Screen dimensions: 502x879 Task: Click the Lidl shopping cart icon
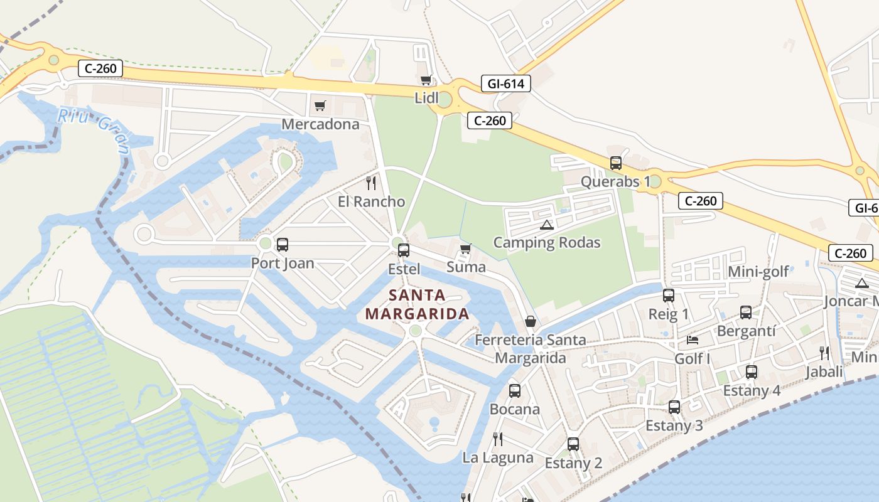point(426,80)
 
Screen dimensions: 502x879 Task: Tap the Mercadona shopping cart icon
point(320,105)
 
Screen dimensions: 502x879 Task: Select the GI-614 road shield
point(506,83)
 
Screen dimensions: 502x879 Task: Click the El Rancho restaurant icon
point(371,183)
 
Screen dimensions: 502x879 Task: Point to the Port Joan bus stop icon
point(283,245)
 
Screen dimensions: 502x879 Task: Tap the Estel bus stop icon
point(404,250)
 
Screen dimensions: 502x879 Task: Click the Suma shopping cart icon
point(465,249)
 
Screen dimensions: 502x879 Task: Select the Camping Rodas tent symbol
point(546,225)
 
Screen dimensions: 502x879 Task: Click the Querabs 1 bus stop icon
point(616,163)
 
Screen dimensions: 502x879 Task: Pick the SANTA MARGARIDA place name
point(418,304)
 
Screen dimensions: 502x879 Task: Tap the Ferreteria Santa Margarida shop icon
point(531,322)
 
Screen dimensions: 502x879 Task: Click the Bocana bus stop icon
point(515,391)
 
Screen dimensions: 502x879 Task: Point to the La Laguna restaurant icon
point(498,439)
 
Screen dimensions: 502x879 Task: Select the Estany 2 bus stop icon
point(573,444)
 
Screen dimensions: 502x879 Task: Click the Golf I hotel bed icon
point(693,340)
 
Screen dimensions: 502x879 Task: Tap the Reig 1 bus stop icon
point(669,296)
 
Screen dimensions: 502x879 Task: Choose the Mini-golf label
point(758,272)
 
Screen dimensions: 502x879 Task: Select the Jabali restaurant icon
point(824,353)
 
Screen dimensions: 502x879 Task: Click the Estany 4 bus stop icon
point(752,372)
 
